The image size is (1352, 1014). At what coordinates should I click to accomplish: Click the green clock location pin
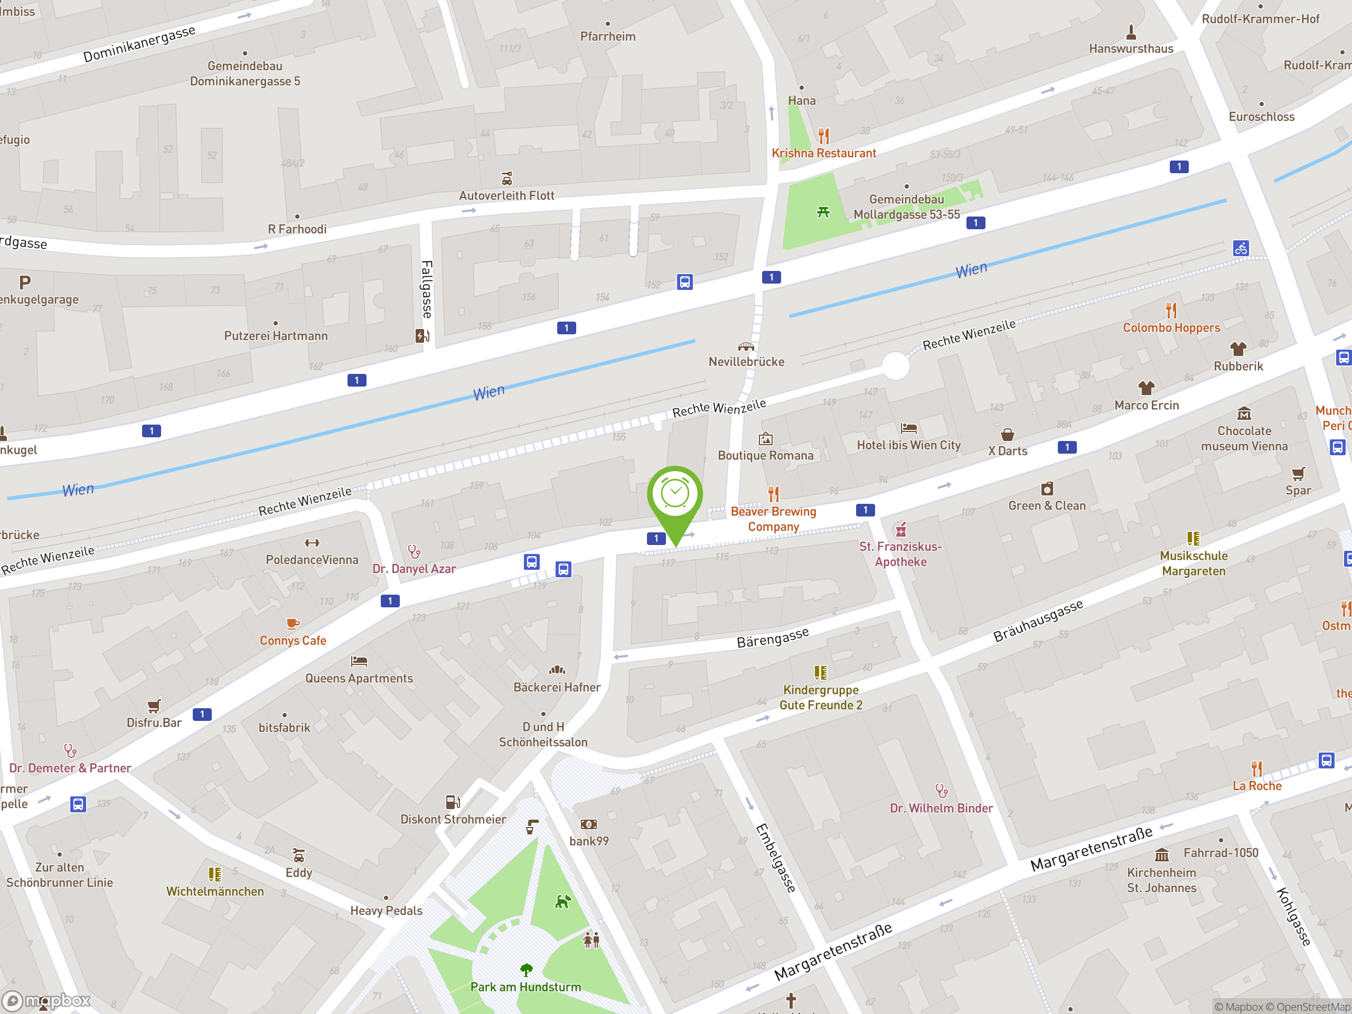[x=675, y=495]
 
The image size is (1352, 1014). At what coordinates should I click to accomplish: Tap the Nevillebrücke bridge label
[x=746, y=362]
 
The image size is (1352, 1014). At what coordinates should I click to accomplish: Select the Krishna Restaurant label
[x=823, y=153]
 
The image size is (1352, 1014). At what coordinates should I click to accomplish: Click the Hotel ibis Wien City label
[x=908, y=446]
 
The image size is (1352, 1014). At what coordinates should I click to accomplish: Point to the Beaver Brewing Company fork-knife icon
[x=774, y=493]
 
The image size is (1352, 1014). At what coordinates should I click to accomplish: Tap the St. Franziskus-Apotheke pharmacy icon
[x=900, y=529]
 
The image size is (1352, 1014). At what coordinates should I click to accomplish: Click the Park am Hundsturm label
[x=525, y=987]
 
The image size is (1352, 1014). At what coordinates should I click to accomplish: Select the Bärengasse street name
[x=773, y=637]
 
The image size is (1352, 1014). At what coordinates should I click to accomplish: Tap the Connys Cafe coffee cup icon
[x=293, y=623]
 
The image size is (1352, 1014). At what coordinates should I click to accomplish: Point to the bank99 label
[x=589, y=841]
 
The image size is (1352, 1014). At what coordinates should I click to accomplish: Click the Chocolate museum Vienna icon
[x=1244, y=414]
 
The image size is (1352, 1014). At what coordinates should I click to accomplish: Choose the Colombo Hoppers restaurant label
[x=1171, y=327]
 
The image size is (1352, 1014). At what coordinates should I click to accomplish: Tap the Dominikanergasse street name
[x=139, y=44]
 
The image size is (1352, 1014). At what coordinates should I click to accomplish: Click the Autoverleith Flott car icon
[x=506, y=179]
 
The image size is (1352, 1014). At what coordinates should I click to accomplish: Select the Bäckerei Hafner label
[x=557, y=687]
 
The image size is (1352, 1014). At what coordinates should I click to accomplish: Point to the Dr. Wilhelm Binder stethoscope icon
[x=942, y=792]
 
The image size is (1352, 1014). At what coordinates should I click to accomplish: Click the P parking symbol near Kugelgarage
[x=24, y=283]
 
